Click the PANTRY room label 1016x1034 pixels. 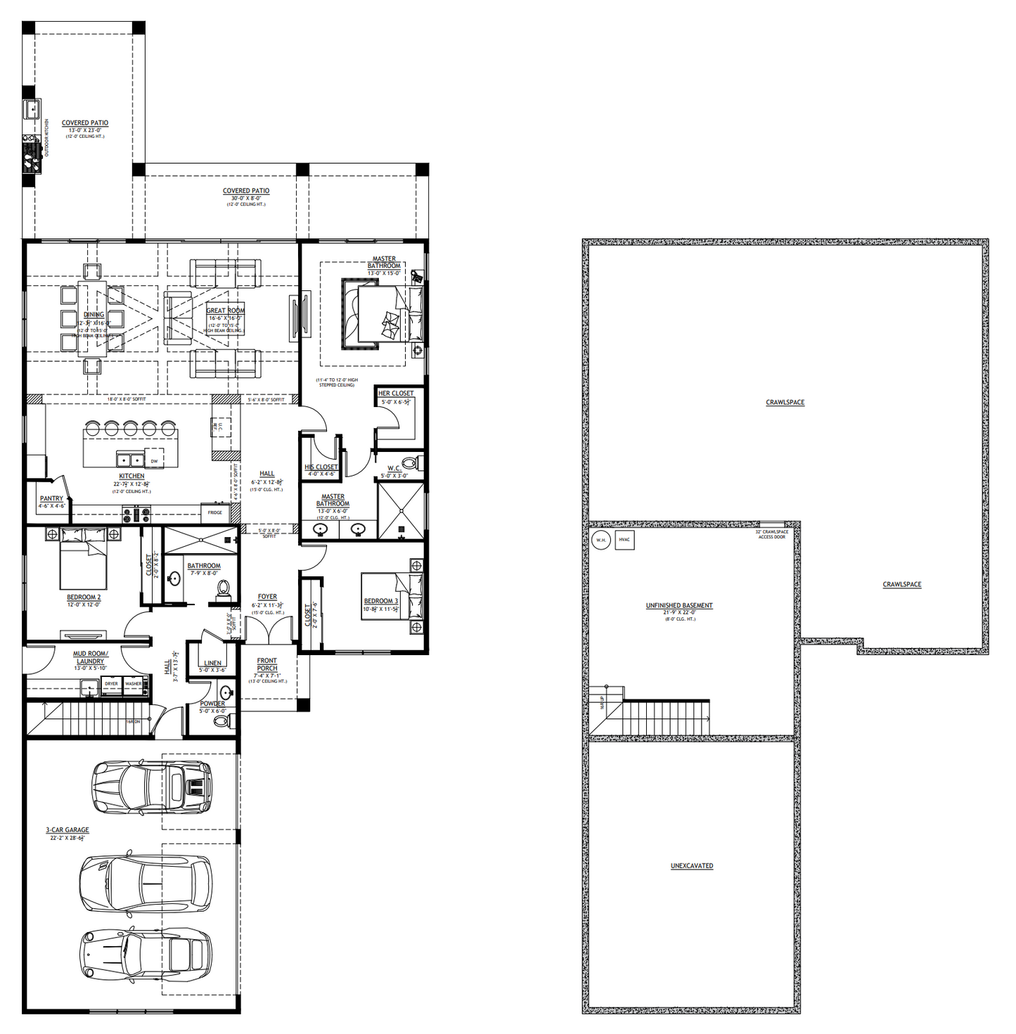click(51, 498)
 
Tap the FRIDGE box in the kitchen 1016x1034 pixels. click(215, 512)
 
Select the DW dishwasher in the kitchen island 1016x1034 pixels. click(154, 460)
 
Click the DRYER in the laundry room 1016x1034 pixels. click(111, 684)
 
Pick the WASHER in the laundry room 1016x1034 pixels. click(134, 684)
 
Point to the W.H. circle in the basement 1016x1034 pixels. click(600, 541)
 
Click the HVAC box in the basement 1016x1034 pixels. click(624, 540)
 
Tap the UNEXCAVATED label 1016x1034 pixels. click(692, 866)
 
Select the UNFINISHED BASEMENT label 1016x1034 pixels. click(679, 605)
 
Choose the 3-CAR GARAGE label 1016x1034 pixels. click(67, 830)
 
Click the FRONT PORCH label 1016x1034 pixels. click(267, 664)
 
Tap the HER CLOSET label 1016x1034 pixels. click(396, 394)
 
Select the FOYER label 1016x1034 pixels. click(267, 597)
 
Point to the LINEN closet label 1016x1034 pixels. click(212, 663)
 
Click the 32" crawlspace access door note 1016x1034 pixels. click(771, 534)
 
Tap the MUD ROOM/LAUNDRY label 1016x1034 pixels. click(90, 657)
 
